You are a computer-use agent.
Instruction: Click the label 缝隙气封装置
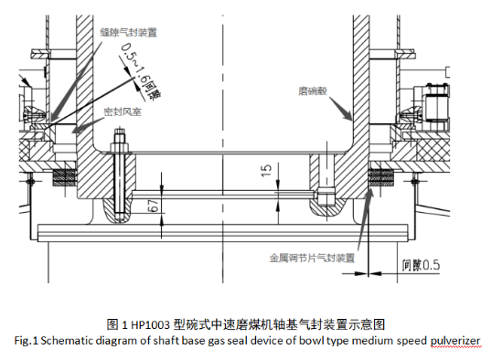(128, 32)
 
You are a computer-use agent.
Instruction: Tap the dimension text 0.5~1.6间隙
(141, 72)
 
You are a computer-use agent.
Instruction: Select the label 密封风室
(123, 111)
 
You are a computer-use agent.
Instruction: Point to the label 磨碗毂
(313, 91)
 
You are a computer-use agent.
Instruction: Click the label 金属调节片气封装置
(312, 258)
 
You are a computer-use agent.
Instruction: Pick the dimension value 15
(266, 170)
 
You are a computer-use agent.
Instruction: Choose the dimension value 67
(155, 206)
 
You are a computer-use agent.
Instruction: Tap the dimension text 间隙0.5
(421, 265)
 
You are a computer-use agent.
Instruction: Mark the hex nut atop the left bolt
(119, 147)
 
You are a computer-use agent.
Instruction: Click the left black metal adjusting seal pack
(65, 178)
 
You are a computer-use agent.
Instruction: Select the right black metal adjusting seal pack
(381, 178)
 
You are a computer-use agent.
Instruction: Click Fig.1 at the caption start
(26, 341)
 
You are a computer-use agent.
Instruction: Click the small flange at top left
(40, 54)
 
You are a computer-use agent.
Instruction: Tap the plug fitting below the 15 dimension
(326, 196)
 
